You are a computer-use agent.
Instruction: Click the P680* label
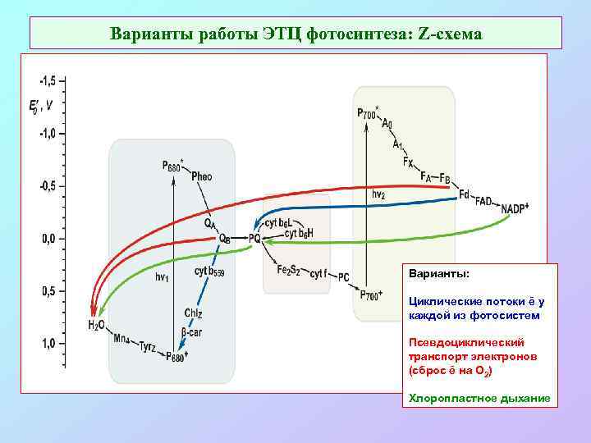point(171,166)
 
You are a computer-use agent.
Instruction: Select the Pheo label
point(201,176)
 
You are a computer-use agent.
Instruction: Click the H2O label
point(96,326)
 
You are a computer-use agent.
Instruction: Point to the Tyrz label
point(151,348)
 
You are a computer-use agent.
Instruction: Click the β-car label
point(194,333)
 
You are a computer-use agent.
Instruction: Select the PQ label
point(254,239)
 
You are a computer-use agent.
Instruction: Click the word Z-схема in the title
point(451,34)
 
